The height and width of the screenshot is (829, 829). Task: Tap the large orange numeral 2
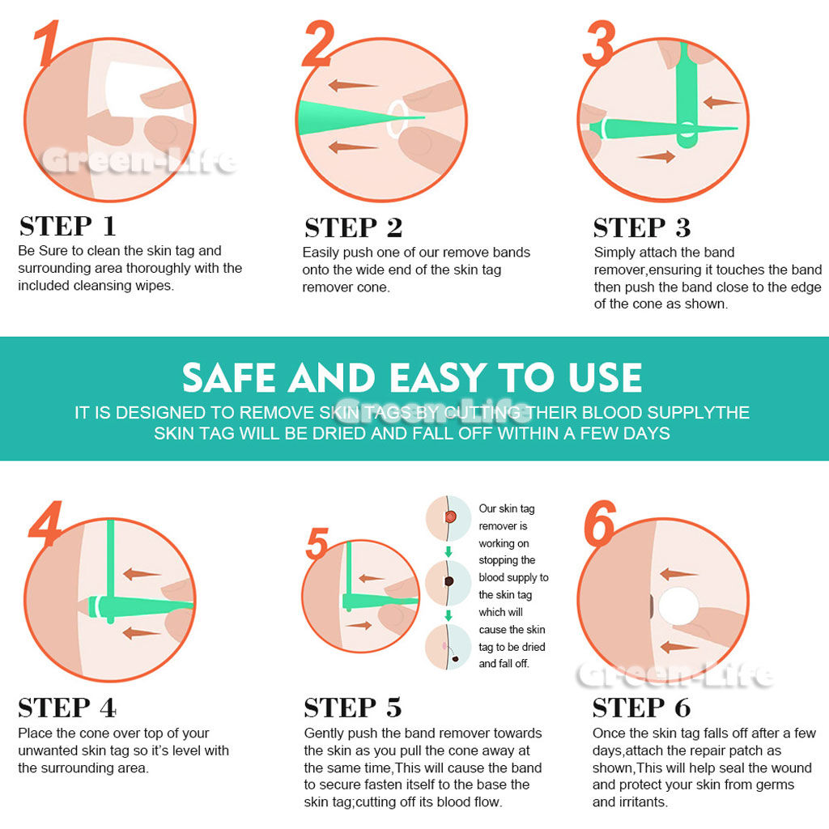click(x=318, y=44)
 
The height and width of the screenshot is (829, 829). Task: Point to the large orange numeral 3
click(x=600, y=44)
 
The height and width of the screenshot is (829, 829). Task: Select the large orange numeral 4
click(x=46, y=524)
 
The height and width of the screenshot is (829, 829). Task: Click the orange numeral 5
click(x=317, y=543)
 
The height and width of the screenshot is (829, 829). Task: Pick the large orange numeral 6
click(x=600, y=524)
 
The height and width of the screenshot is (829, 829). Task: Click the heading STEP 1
click(x=68, y=227)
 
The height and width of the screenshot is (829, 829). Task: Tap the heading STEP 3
click(x=642, y=227)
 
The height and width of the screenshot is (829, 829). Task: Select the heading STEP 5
click(x=353, y=708)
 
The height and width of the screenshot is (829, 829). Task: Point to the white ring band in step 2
click(x=397, y=120)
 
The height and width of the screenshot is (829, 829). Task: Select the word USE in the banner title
click(x=605, y=377)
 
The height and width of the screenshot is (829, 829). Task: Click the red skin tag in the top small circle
click(x=450, y=517)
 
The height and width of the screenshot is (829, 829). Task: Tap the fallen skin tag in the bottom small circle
click(x=455, y=659)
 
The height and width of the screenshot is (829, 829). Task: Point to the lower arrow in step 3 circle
click(x=657, y=156)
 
